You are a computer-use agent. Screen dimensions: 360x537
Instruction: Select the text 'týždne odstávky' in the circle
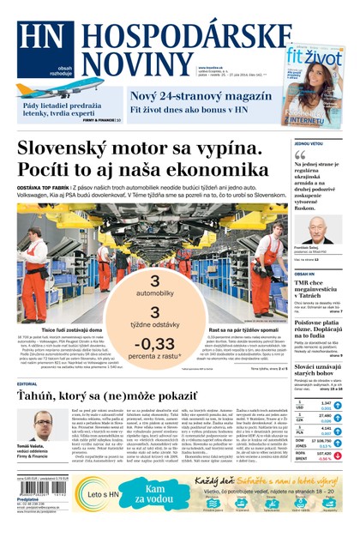[154, 325]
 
